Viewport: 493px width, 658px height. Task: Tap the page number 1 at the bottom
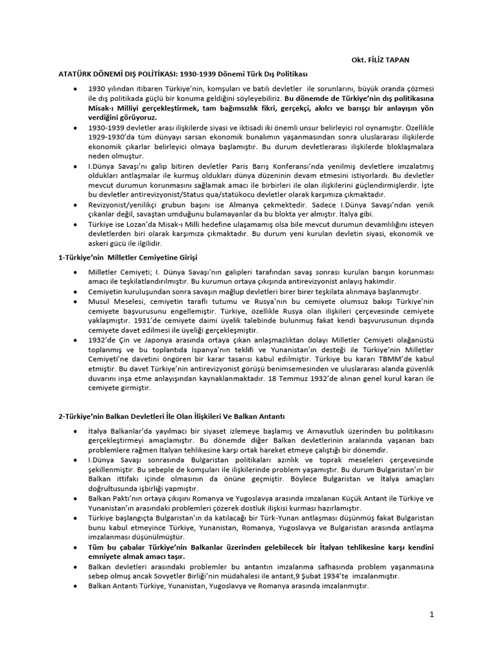click(x=432, y=614)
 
